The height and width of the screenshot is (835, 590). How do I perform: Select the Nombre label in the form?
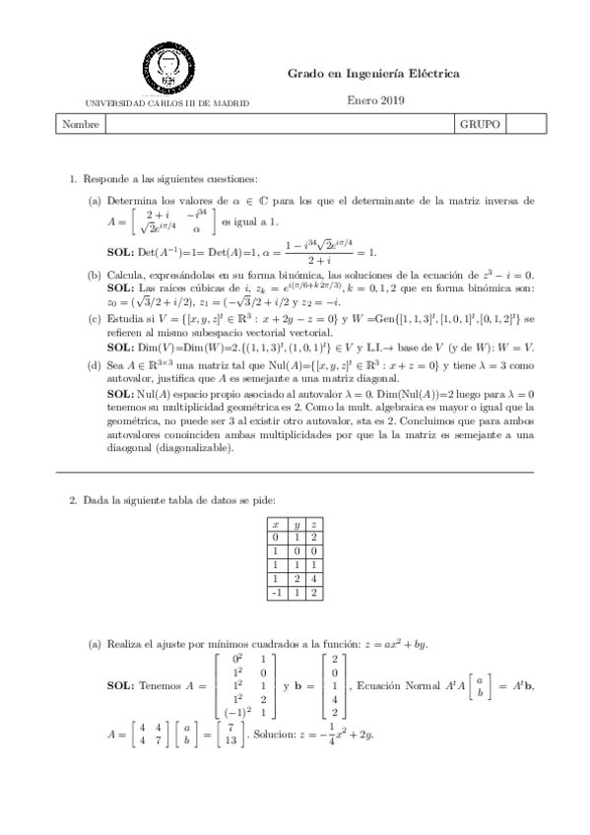79,125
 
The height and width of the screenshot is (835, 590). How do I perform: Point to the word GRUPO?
480,125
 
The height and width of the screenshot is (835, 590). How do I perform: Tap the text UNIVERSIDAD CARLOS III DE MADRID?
168,102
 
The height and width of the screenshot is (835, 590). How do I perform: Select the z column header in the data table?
312,524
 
